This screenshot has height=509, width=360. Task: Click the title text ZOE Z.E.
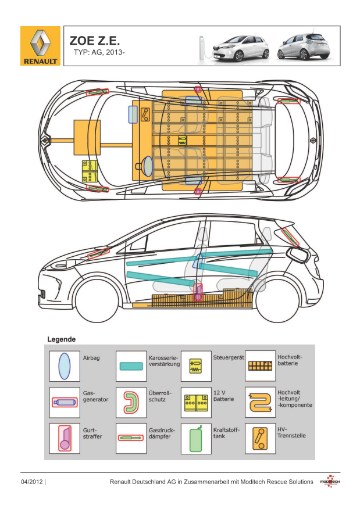[95, 41]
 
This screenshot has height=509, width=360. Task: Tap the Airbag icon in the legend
[65, 365]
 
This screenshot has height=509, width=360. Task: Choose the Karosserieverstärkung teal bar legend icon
[131, 366]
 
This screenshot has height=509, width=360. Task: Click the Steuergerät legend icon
[195, 366]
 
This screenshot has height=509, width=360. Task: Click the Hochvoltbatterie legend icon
[260, 366]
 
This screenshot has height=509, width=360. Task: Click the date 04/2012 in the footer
[32, 482]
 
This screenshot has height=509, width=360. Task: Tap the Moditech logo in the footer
[330, 482]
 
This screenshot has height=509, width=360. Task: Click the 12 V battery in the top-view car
[90, 171]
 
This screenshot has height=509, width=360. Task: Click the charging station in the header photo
[202, 46]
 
